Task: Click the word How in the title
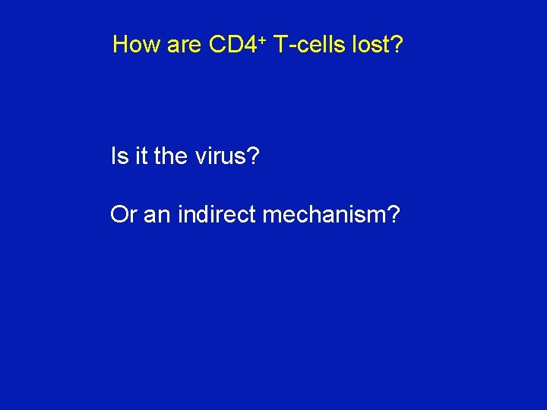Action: click(136, 45)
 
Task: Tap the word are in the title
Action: click(183, 46)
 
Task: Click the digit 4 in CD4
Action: click(250, 45)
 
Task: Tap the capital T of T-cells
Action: click(279, 45)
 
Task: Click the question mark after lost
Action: click(396, 45)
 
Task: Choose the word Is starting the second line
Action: click(119, 156)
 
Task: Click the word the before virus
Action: click(169, 156)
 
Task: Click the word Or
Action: click(123, 216)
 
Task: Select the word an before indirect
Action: click(157, 216)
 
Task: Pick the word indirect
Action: click(217, 216)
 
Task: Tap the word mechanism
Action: click(323, 216)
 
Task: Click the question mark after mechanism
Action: click(393, 216)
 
